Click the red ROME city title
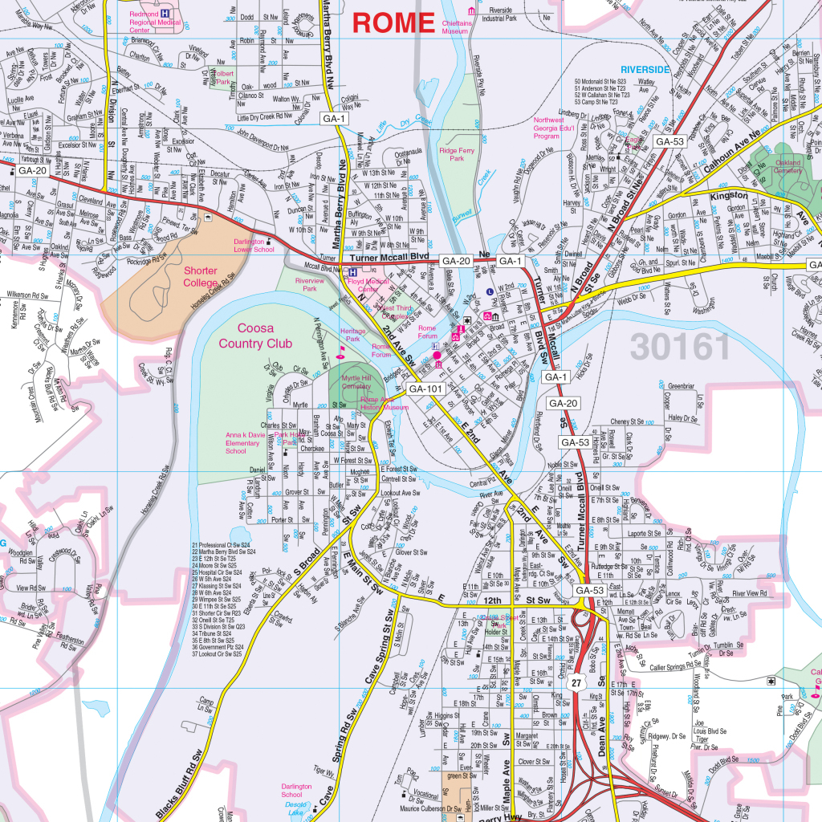393,22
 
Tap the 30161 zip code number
681,346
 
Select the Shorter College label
200,277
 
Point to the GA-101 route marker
425,389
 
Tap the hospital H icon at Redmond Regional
165,14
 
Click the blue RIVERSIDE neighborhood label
645,70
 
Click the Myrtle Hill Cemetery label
356,381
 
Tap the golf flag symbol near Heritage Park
340,351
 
